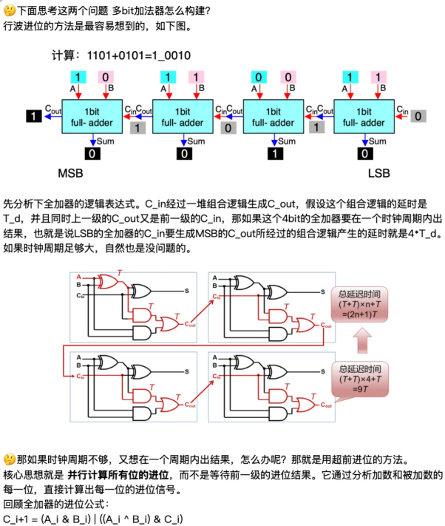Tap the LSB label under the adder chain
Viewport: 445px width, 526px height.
(384, 175)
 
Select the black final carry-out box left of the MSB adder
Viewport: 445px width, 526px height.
(33, 115)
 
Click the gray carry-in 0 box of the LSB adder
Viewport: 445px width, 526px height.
(418, 116)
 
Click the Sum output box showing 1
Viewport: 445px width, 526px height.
(274, 154)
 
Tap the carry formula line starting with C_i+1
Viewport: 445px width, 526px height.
(92, 519)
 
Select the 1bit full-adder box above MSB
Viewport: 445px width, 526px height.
(91, 117)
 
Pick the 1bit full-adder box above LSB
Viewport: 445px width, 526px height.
(363, 117)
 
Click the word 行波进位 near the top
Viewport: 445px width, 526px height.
(22, 26)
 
